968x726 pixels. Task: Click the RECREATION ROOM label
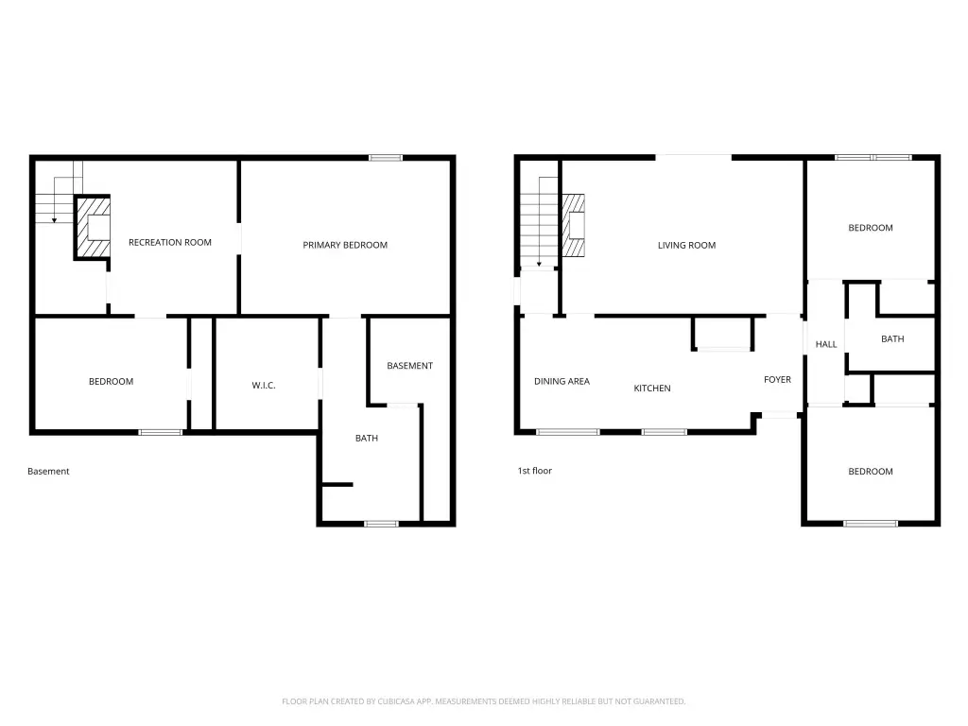pos(170,243)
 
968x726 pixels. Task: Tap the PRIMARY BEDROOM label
pos(345,245)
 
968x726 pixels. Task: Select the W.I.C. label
pos(264,386)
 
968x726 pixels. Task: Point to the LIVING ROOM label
pos(686,245)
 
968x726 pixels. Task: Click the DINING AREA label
pos(562,382)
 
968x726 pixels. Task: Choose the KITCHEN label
pos(652,389)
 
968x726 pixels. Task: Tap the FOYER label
pos(777,380)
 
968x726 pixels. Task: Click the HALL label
pos(826,344)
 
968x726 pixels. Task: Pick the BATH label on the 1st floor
pos(892,339)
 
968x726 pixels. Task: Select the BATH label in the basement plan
pos(367,439)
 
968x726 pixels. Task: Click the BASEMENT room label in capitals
pos(410,366)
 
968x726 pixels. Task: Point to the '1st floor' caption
pos(535,471)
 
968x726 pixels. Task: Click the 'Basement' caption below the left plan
pos(48,471)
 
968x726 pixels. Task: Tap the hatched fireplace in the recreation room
pos(92,227)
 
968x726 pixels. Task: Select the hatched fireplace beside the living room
pos(574,225)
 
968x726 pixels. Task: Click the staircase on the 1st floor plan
pos(539,222)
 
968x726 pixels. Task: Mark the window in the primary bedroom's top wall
pos(386,158)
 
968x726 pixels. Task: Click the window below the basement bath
pos(382,524)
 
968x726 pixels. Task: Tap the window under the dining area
pos(567,432)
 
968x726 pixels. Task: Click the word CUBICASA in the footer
pos(396,701)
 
